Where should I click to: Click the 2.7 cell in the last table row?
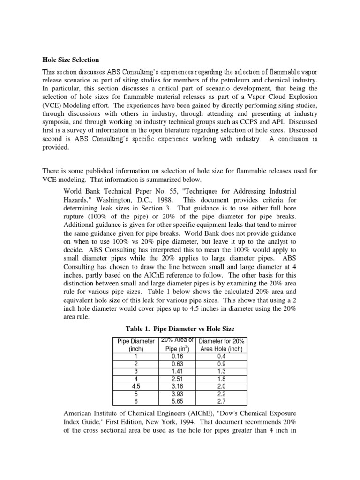[222, 402]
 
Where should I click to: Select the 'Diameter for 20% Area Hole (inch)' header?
[222, 345]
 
